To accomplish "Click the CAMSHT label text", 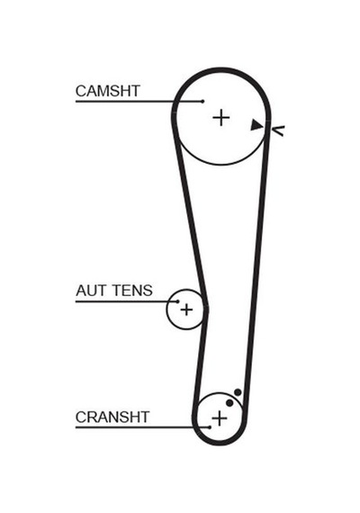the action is click(x=108, y=91).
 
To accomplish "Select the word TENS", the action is click(x=132, y=291).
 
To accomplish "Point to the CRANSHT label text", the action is click(x=112, y=417).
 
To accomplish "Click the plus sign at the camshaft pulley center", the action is click(x=221, y=118).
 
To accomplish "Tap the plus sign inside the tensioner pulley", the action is click(x=186, y=310).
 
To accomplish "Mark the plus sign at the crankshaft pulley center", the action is click(x=220, y=418).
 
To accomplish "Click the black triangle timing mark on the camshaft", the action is click(x=256, y=125).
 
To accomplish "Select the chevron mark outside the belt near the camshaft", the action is click(x=278, y=130).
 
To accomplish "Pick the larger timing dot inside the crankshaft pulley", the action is click(x=229, y=402).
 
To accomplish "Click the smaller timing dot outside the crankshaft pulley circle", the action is click(x=238, y=391).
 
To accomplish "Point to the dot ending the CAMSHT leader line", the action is click(x=202, y=102).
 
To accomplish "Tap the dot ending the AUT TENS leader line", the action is click(x=177, y=301).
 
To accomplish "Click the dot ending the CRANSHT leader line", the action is click(x=210, y=427).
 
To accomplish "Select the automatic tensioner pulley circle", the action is click(x=166, y=310).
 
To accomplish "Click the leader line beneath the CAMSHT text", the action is click(x=139, y=102).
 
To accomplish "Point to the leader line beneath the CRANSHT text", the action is click(x=142, y=427).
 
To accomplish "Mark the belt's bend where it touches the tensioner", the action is click(x=205, y=308).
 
